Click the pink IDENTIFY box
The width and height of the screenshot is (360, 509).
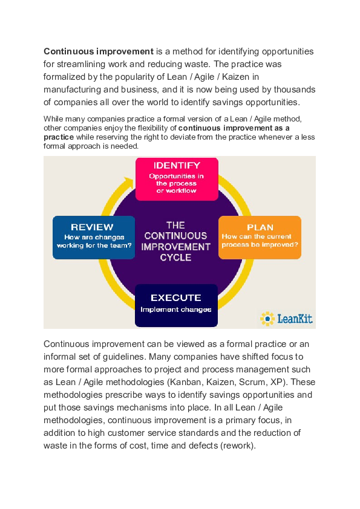pyautogui.click(x=176, y=179)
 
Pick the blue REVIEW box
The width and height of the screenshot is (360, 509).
pyautogui.click(x=93, y=237)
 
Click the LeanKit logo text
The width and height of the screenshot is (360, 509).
pyautogui.click(x=295, y=318)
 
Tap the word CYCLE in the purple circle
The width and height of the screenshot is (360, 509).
pyautogui.click(x=175, y=258)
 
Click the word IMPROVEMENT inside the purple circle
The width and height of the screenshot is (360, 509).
pyautogui.click(x=175, y=247)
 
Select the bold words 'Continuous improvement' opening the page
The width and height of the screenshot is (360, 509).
pyautogui.click(x=98, y=51)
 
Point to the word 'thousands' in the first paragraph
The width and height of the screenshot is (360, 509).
pyautogui.click(x=293, y=89)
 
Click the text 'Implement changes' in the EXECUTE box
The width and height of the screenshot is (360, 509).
pyautogui.click(x=175, y=310)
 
